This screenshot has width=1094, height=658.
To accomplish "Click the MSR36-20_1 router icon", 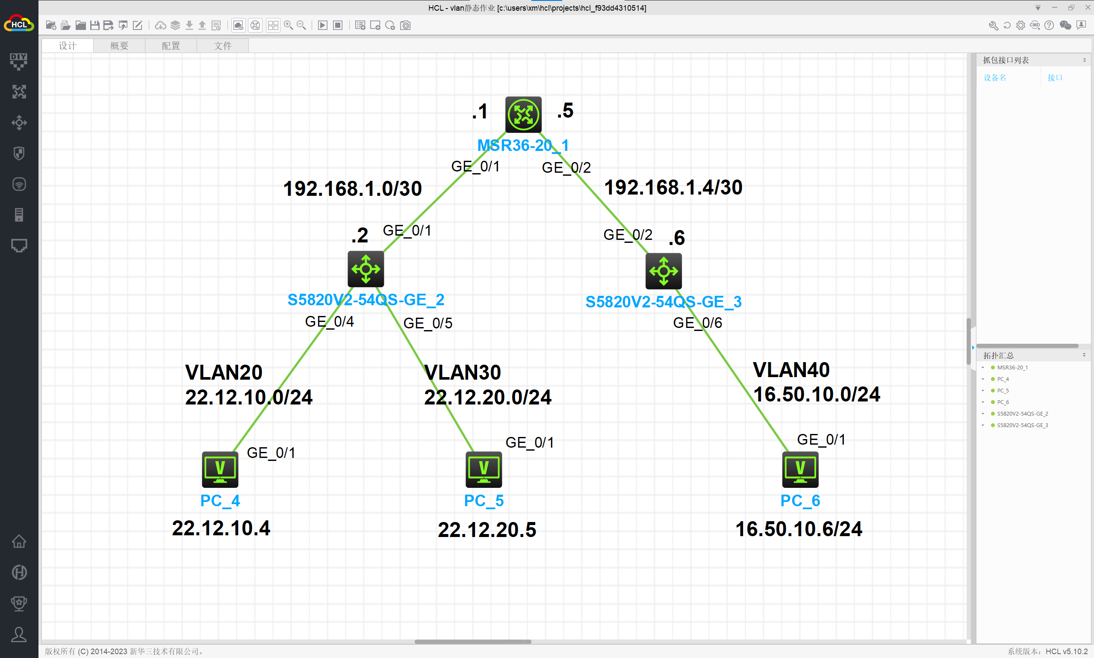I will (x=523, y=115).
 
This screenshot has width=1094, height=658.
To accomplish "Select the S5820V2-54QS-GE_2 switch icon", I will (x=366, y=269).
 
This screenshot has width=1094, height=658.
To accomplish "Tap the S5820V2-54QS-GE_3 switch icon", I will (x=663, y=271).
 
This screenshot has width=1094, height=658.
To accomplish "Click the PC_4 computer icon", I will (x=220, y=469).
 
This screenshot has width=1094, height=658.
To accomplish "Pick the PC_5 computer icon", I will (x=484, y=469).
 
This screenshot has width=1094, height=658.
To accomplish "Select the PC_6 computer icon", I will (x=800, y=469).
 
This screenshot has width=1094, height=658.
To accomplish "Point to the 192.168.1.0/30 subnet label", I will (x=352, y=189).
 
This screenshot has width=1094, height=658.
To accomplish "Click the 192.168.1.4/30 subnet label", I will (x=673, y=188).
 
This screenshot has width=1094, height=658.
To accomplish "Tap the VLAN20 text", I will (x=224, y=372).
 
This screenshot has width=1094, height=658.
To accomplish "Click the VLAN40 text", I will (x=791, y=370).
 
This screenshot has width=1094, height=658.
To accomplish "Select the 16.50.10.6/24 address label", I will (x=799, y=529).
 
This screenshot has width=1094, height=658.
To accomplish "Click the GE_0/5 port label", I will (x=428, y=323).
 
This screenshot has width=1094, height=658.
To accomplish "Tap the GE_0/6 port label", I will (x=697, y=323).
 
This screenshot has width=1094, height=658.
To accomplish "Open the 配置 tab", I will (x=171, y=46).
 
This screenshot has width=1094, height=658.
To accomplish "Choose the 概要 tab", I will (x=119, y=46).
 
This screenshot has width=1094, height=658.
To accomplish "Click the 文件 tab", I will (x=223, y=46).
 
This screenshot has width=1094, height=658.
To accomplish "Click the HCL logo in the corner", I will (x=19, y=24).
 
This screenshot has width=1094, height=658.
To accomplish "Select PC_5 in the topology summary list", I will (x=1003, y=391).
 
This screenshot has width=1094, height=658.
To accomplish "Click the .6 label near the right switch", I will (x=677, y=238).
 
